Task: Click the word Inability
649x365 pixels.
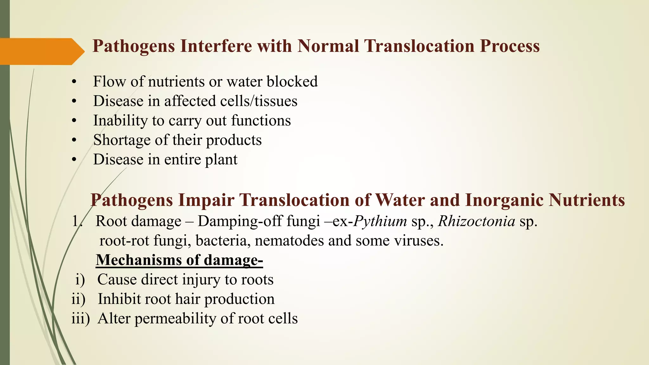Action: pyautogui.click(x=116, y=121)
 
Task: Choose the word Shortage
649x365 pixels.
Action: pyautogui.click(x=118, y=140)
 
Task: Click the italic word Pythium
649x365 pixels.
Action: pyautogui.click(x=380, y=221)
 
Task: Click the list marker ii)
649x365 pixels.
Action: pyautogui.click(x=78, y=299)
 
